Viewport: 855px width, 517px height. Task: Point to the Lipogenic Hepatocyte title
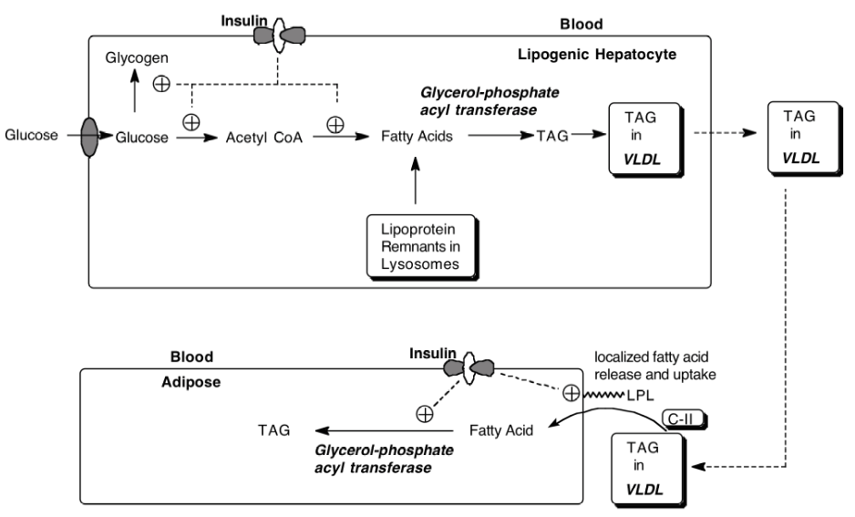610,54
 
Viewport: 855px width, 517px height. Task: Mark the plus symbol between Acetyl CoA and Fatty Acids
335,123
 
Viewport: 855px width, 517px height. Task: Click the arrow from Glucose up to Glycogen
135,93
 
